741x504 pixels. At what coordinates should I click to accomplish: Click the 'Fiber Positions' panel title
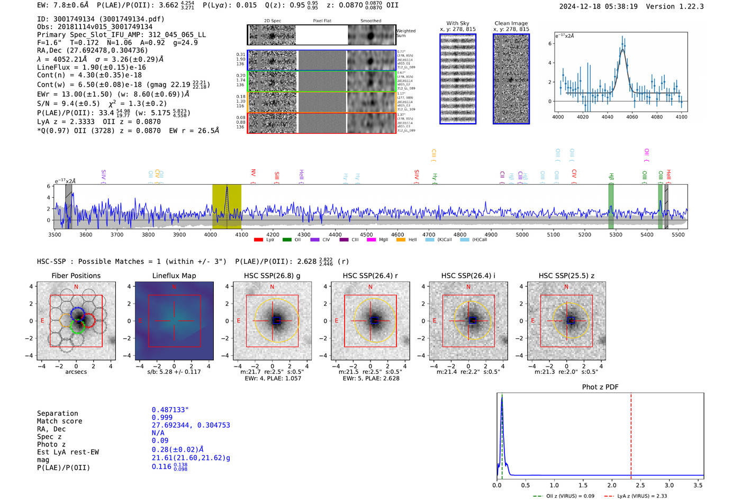click(76, 276)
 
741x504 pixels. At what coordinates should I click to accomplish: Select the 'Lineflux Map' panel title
click(174, 276)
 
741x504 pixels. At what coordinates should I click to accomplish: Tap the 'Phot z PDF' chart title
click(600, 387)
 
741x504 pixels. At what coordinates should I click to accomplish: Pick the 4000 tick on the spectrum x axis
click(210, 235)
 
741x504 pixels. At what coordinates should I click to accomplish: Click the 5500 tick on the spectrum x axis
click(678, 235)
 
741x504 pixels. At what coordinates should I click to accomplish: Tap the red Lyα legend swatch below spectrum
click(258, 240)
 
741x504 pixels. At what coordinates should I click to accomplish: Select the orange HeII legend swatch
click(401, 240)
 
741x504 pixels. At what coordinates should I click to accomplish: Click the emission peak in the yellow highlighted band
click(227, 188)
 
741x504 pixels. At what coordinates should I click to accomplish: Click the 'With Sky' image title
click(457, 23)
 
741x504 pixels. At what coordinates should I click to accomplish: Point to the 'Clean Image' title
click(511, 23)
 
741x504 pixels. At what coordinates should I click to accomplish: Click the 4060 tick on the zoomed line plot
click(632, 117)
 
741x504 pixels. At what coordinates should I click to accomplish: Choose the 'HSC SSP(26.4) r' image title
click(370, 276)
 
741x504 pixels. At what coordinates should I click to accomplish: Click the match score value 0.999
click(162, 418)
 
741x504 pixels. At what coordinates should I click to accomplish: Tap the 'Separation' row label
click(57, 414)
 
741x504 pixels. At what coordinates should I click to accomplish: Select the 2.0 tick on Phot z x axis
click(611, 485)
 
